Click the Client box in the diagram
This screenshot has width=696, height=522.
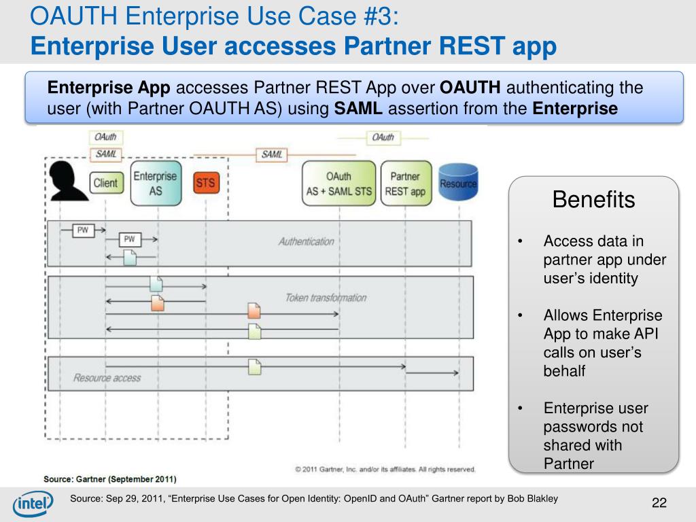pyautogui.click(x=105, y=183)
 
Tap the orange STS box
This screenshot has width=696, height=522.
pyautogui.click(x=205, y=183)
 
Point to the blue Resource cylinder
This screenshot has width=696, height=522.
pyautogui.click(x=458, y=183)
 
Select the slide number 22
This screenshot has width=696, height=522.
pyautogui.click(x=659, y=503)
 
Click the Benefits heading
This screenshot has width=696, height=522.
pyautogui.click(x=593, y=200)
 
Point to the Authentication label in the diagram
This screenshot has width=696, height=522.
pyautogui.click(x=306, y=241)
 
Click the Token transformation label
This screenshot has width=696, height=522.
pyautogui.click(x=326, y=298)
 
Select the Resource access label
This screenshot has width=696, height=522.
pyautogui.click(x=107, y=378)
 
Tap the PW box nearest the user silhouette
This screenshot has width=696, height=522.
pyautogui.click(x=83, y=230)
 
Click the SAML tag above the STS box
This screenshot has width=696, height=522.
pyautogui.click(x=271, y=155)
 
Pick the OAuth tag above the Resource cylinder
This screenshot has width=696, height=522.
pyautogui.click(x=383, y=137)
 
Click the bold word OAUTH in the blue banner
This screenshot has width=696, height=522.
pyautogui.click(x=471, y=88)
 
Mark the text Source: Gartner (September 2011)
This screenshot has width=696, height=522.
pyautogui.click(x=110, y=478)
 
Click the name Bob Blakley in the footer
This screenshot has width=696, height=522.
pyautogui.click(x=532, y=499)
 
